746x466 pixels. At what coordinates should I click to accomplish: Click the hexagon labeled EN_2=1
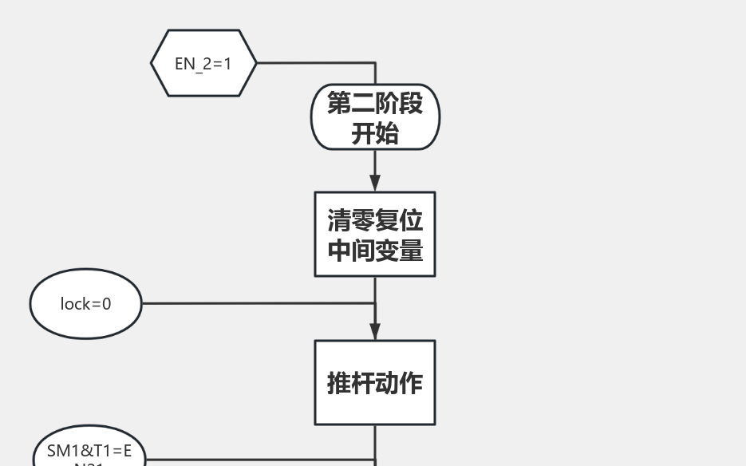coord(203,63)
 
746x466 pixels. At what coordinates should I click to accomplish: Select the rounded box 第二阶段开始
coord(375,117)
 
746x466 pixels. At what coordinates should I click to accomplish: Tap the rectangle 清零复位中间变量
coord(375,234)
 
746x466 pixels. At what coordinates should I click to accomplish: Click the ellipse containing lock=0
coord(86,304)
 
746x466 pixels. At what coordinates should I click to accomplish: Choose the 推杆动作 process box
coord(375,382)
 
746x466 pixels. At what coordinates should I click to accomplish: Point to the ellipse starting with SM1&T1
coord(89,453)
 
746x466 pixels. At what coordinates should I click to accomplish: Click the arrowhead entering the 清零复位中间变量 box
coord(375,184)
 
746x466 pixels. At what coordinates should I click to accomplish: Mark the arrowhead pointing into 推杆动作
coord(375,332)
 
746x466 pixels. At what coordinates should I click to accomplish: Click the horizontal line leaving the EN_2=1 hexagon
coord(315,62)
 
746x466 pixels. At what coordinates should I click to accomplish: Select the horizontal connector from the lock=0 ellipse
coord(255,303)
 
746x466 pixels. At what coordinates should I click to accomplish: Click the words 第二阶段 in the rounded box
coord(375,103)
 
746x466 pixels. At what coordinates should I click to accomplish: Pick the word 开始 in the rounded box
coord(375,133)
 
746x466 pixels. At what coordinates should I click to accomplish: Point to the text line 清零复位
coord(375,219)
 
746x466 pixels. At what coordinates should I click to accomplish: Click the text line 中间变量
coord(375,250)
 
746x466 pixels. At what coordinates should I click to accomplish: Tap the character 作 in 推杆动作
coord(411,383)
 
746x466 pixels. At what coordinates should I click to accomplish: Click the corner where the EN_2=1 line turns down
coord(375,62)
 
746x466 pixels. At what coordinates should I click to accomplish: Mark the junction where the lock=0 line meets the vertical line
coord(375,303)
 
